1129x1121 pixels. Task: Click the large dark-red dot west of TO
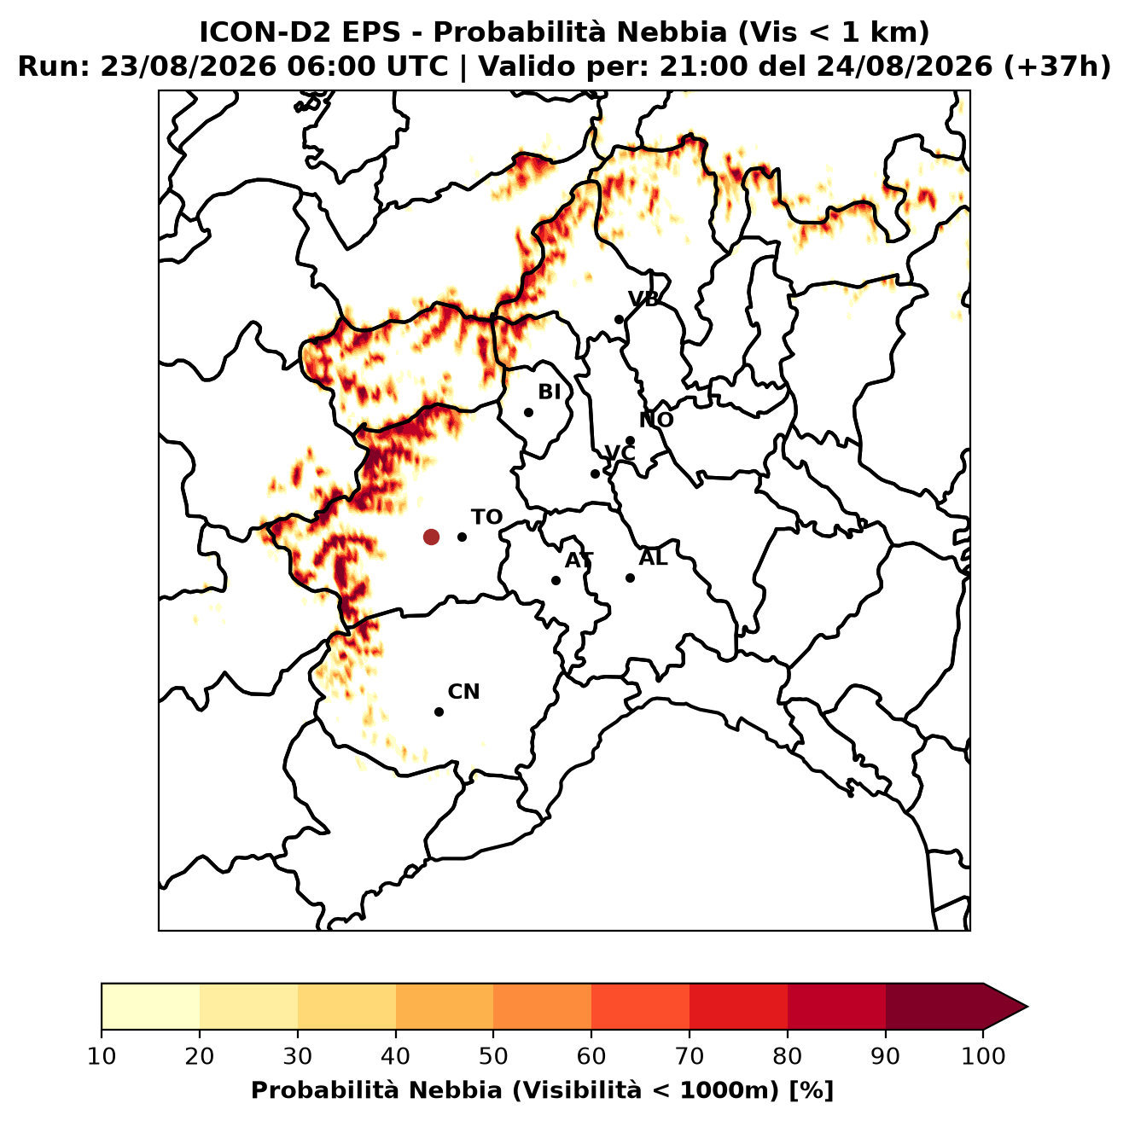point(431,537)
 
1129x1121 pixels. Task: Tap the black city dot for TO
point(462,537)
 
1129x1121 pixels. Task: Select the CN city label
point(463,692)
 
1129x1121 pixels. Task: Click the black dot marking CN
point(439,712)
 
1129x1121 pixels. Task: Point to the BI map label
point(549,392)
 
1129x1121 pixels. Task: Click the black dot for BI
point(528,413)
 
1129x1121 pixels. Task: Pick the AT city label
point(579,560)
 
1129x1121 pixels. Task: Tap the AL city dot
point(630,578)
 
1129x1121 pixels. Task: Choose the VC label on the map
point(620,453)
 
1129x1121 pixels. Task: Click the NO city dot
point(630,441)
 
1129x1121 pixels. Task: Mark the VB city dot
point(620,319)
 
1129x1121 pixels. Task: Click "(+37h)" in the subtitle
point(1057,67)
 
